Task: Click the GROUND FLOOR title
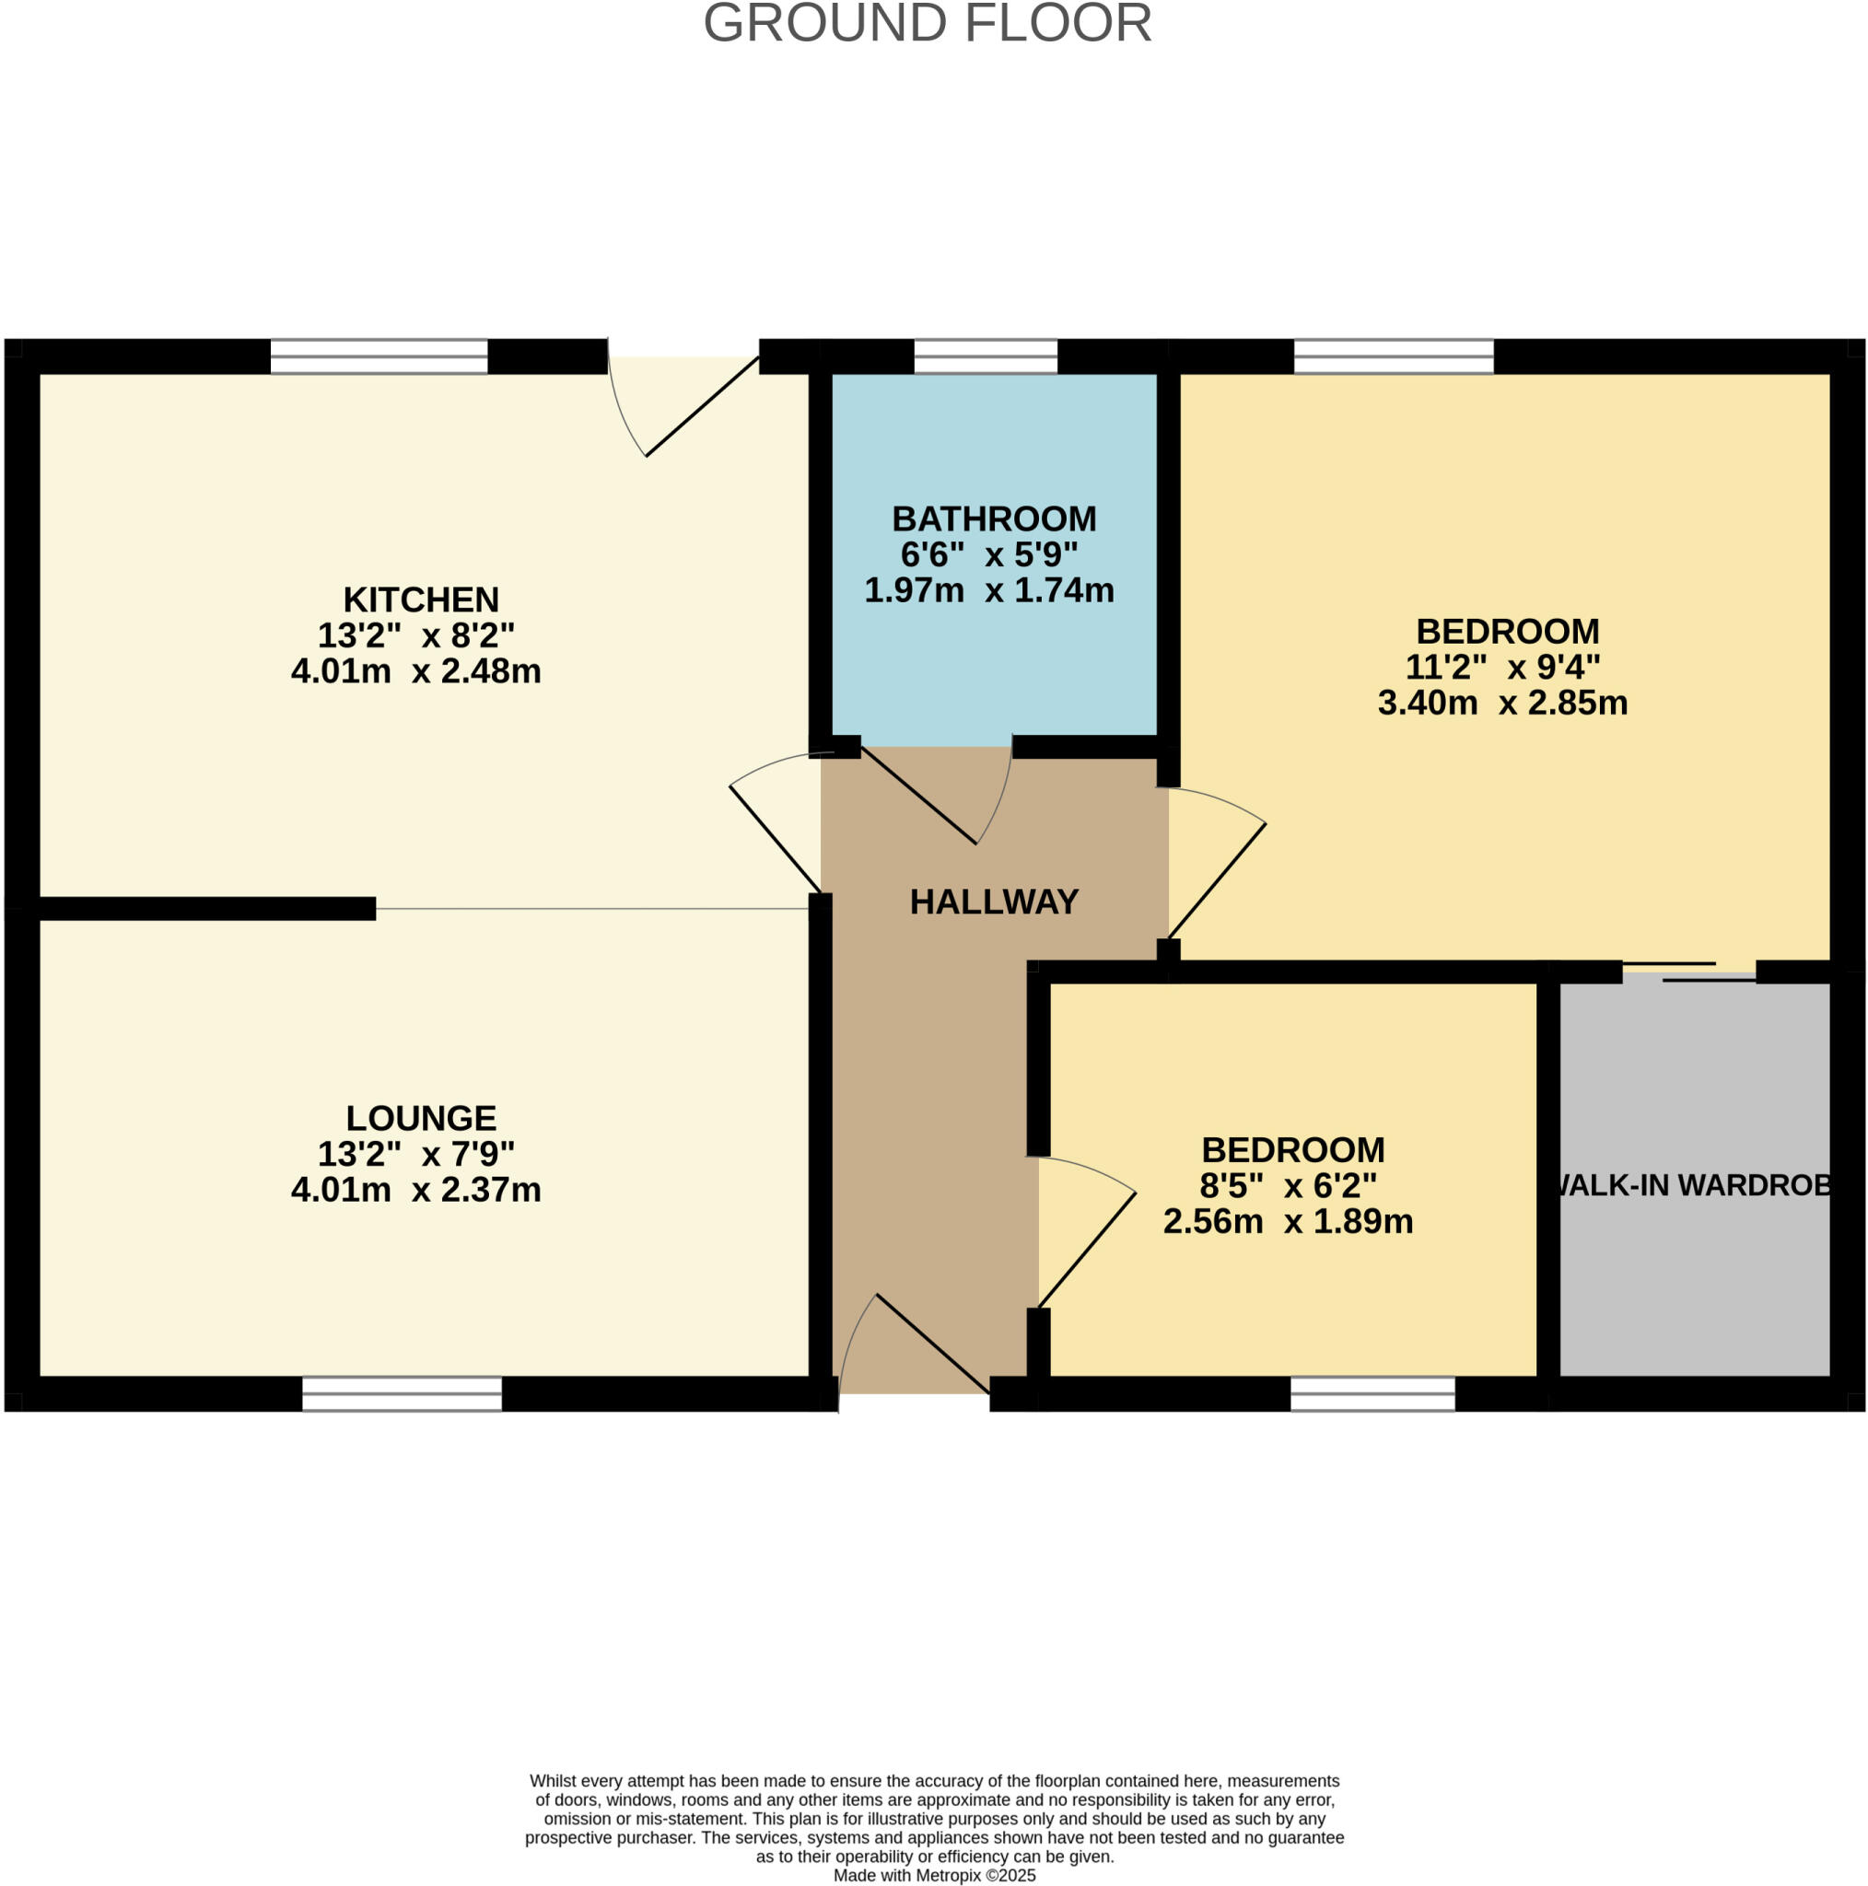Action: (927, 23)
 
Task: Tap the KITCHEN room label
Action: (421, 599)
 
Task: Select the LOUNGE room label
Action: (421, 1118)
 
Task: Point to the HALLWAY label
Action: (994, 902)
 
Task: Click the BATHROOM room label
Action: (994, 518)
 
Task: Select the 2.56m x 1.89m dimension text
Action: (1288, 1221)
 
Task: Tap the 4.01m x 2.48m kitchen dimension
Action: (416, 671)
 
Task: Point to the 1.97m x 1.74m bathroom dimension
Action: (989, 590)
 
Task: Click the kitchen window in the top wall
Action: (379, 357)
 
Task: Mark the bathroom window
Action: (986, 357)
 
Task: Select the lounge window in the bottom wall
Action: (402, 1394)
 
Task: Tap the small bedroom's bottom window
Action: (1372, 1394)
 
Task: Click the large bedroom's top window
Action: (1394, 357)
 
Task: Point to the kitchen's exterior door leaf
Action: (702, 407)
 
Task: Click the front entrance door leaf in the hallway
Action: (932, 1345)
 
